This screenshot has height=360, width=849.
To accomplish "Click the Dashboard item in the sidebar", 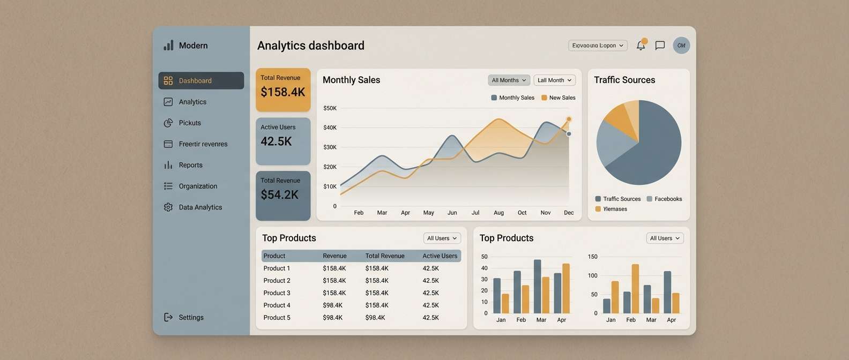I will (201, 81).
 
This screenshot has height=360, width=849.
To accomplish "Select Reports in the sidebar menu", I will (190, 165).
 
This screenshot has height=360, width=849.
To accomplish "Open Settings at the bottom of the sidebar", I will (190, 317).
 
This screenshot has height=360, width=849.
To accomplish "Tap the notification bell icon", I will (641, 46).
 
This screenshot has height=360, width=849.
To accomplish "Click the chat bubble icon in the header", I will (660, 46).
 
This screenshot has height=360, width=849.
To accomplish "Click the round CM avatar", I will (681, 46).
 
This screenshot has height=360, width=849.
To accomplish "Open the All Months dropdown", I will (509, 80).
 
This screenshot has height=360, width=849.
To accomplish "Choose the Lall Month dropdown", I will (554, 80).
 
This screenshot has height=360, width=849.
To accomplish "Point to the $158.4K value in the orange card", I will (282, 92).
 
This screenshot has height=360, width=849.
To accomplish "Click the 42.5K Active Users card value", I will (276, 141).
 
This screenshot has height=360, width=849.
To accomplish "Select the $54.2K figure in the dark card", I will (279, 195).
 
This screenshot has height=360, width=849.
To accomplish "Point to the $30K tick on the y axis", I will (330, 147).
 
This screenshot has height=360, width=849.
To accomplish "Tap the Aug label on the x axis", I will (498, 213).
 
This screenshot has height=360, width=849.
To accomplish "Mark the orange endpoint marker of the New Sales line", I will (569, 119).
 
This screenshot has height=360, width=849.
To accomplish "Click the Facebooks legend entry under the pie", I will (668, 199).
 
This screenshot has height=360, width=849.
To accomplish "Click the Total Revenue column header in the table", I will (385, 256).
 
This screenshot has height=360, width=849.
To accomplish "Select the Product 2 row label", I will (277, 281).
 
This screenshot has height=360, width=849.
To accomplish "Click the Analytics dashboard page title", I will (311, 46).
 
